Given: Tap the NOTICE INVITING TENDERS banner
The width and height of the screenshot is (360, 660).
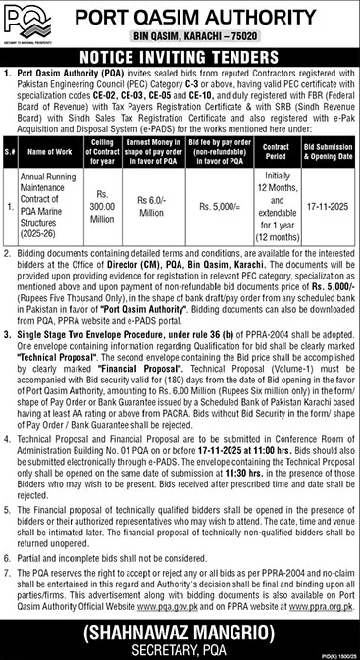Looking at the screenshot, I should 180,58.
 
